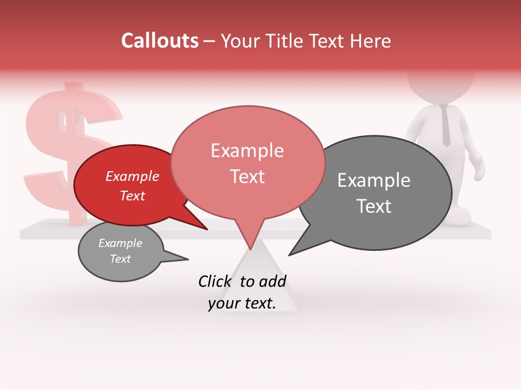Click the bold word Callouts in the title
pyautogui.click(x=160, y=41)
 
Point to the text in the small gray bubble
pyautogui.click(x=120, y=251)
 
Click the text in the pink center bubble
pyautogui.click(x=247, y=163)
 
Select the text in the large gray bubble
pyautogui.click(x=373, y=193)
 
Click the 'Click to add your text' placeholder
pyautogui.click(x=242, y=292)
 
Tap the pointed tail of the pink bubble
pyautogui.click(x=250, y=242)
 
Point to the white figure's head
pyautogui.click(x=440, y=87)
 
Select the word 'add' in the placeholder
pyautogui.click(x=272, y=281)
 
